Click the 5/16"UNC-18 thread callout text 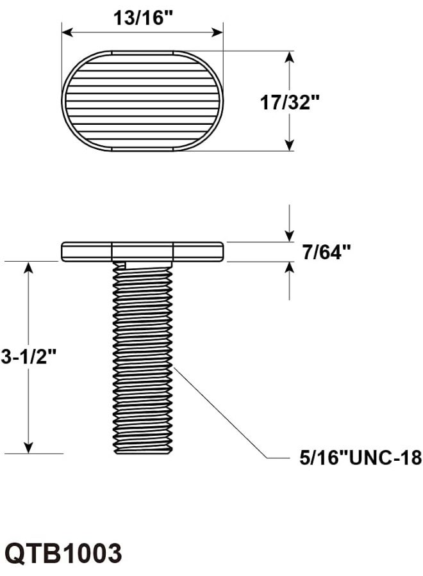pos(360,458)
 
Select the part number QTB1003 pos(63,552)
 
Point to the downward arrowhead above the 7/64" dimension pos(290,235)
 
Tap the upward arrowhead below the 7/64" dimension pos(290,269)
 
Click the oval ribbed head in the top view pos(142,101)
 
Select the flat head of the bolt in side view pos(142,252)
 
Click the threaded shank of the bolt pos(142,358)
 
